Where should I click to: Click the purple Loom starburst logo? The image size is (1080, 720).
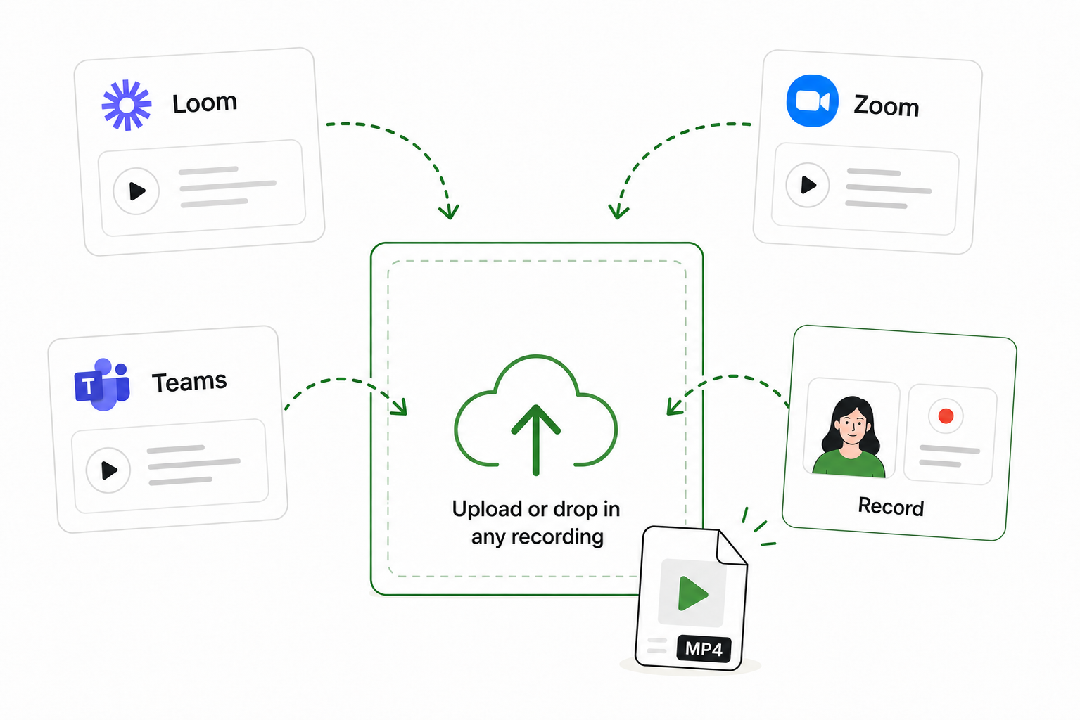tap(127, 105)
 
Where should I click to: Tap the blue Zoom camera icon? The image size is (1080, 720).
tap(813, 101)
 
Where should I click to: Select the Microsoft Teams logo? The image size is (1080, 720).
tap(102, 384)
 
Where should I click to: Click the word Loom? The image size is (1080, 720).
tap(205, 103)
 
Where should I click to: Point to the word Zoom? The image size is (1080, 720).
tap(887, 105)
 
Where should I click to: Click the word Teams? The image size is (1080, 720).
tap(189, 382)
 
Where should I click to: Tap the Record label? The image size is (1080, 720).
tap(891, 506)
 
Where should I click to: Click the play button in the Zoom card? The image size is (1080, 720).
tap(808, 185)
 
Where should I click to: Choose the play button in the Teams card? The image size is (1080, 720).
tap(108, 470)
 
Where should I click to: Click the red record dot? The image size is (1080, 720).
tap(946, 416)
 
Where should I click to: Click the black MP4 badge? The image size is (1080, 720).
tap(704, 649)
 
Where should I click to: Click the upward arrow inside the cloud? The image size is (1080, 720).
tap(535, 439)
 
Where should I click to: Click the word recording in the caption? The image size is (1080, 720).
tap(557, 537)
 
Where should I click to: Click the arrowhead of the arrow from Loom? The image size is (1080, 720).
tap(449, 212)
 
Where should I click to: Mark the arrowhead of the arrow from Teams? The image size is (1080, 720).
tap(400, 407)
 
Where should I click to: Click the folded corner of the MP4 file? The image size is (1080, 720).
tap(731, 547)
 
